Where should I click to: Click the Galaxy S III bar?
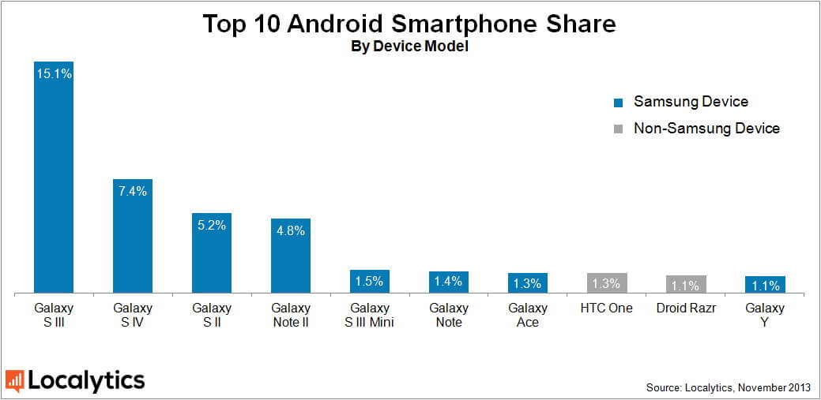pyautogui.click(x=54, y=178)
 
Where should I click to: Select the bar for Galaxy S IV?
pyautogui.click(x=133, y=237)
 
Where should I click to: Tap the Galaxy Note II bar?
pyautogui.click(x=291, y=256)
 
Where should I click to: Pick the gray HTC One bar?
pyautogui.click(x=607, y=283)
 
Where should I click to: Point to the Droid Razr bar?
pyautogui.click(x=686, y=285)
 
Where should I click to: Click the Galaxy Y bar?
pyautogui.click(x=765, y=285)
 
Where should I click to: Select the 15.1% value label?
pyautogui.click(x=54, y=74)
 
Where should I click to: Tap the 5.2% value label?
pyautogui.click(x=212, y=226)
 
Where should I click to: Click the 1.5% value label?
pyautogui.click(x=370, y=281)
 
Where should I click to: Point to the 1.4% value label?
pyautogui.click(x=449, y=282)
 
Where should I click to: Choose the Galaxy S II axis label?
pyautogui.click(x=212, y=315)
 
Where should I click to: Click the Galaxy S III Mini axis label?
pyautogui.click(x=370, y=315)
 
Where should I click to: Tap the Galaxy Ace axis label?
pyautogui.click(x=528, y=315)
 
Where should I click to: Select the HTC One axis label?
pyautogui.click(x=607, y=308)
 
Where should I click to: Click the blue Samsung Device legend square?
pyautogui.click(x=619, y=103)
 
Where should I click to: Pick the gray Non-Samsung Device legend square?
pyautogui.click(x=619, y=129)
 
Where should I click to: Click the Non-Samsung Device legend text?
pyautogui.click(x=706, y=128)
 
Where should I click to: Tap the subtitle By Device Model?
pyautogui.click(x=410, y=47)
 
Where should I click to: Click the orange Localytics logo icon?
pyautogui.click(x=14, y=381)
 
